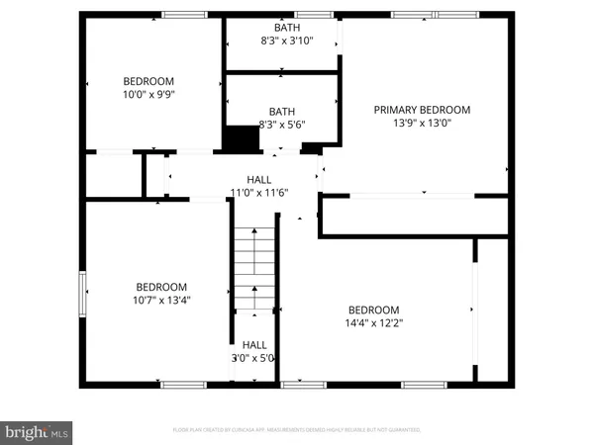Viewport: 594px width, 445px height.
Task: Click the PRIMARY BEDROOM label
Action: (422, 110)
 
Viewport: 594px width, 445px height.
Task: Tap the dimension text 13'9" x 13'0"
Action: (422, 124)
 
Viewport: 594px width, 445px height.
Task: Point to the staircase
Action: (254, 267)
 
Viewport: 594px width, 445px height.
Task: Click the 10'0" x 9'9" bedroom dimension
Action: (148, 95)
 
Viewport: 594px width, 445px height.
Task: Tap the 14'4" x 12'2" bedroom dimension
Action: (373, 322)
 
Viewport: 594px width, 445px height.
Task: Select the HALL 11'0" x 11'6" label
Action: (259, 186)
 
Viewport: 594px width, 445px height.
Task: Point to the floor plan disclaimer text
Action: (297, 430)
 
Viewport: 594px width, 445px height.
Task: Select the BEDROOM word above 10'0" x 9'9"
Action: (148, 81)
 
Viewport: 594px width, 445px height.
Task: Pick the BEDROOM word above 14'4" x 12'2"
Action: (373, 309)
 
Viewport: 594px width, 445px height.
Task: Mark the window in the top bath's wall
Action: (313, 14)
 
